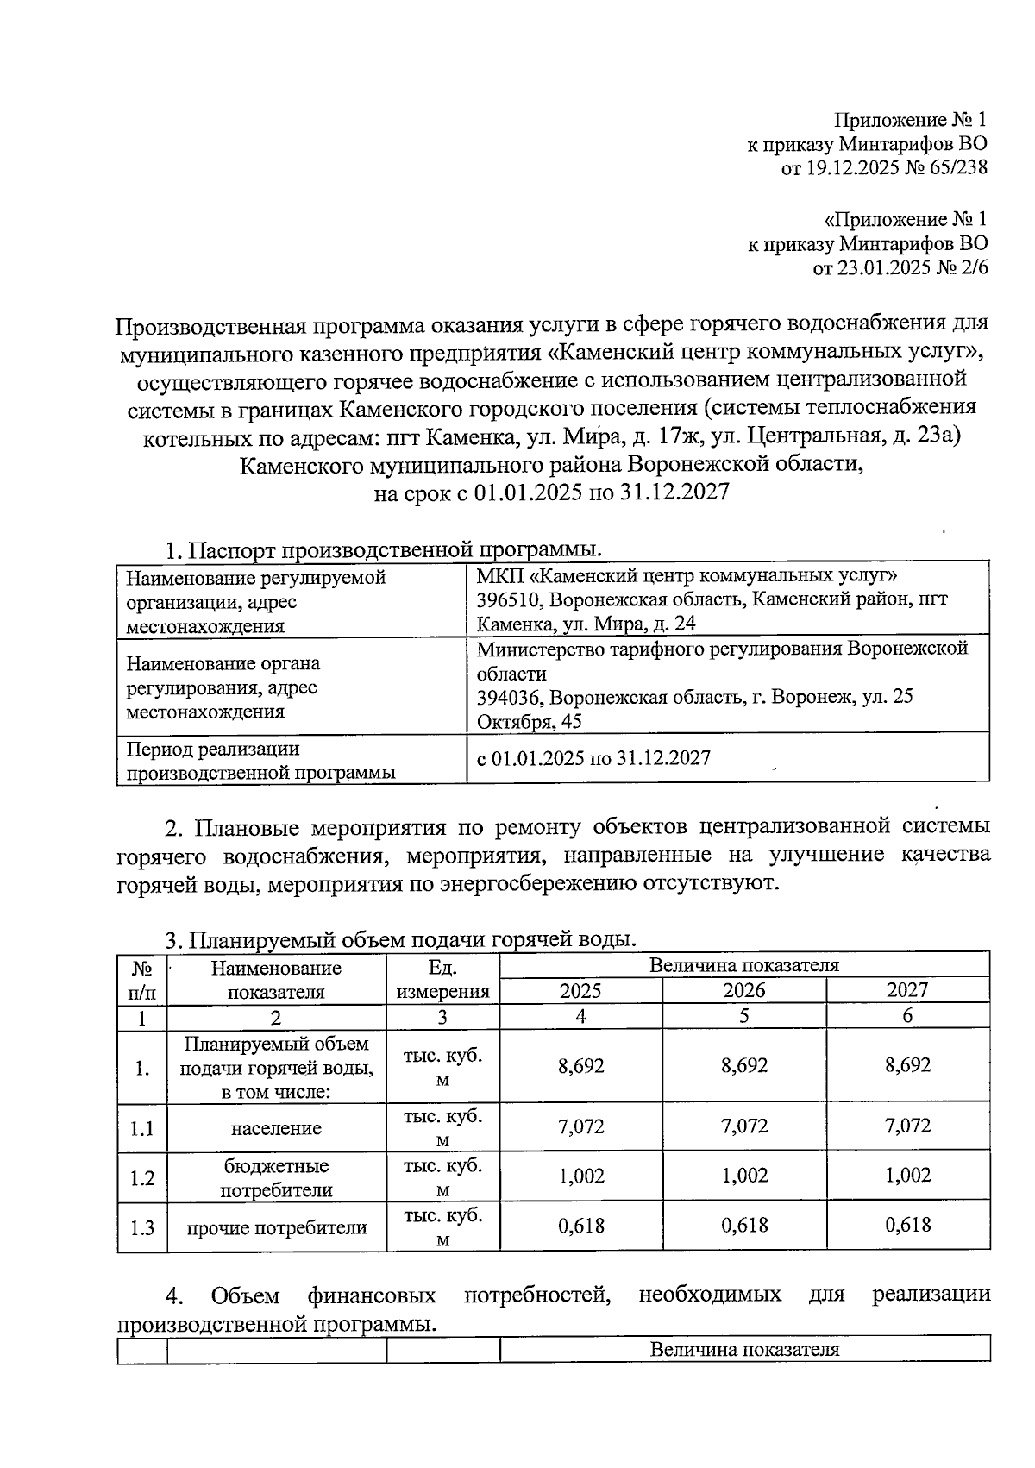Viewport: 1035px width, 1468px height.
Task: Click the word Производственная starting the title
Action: (x=209, y=325)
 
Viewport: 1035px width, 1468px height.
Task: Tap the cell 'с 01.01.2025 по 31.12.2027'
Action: (x=593, y=758)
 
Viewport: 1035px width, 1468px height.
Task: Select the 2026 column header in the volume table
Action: (x=743, y=990)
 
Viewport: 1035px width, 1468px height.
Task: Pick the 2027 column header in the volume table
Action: (x=907, y=990)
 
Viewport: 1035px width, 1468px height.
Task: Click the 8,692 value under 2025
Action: (x=581, y=1066)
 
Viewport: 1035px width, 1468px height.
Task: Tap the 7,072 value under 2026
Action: (x=743, y=1126)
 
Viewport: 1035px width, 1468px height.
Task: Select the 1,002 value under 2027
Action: (x=907, y=1176)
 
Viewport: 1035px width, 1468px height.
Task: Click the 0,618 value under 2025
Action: (x=581, y=1226)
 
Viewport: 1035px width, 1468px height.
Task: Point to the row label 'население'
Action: (x=276, y=1128)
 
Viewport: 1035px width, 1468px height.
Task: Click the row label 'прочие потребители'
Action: (x=276, y=1227)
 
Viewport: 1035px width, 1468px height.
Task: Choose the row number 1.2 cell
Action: (x=141, y=1178)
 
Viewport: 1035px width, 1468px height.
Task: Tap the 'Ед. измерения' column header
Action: (x=442, y=980)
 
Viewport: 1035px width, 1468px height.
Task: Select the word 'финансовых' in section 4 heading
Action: (x=371, y=1295)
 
